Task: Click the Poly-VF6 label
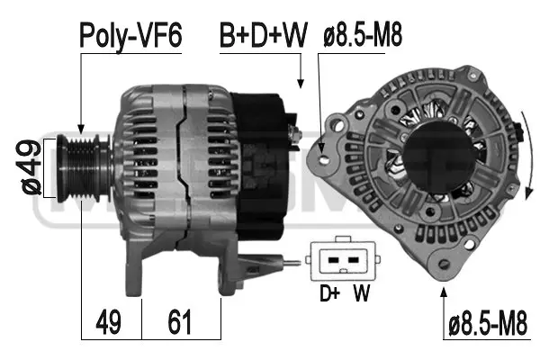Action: pyautogui.click(x=130, y=36)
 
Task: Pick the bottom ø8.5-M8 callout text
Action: pyautogui.click(x=488, y=322)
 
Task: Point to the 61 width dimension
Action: pyautogui.click(x=181, y=322)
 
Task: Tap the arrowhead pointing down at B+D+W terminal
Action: pyautogui.click(x=300, y=84)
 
